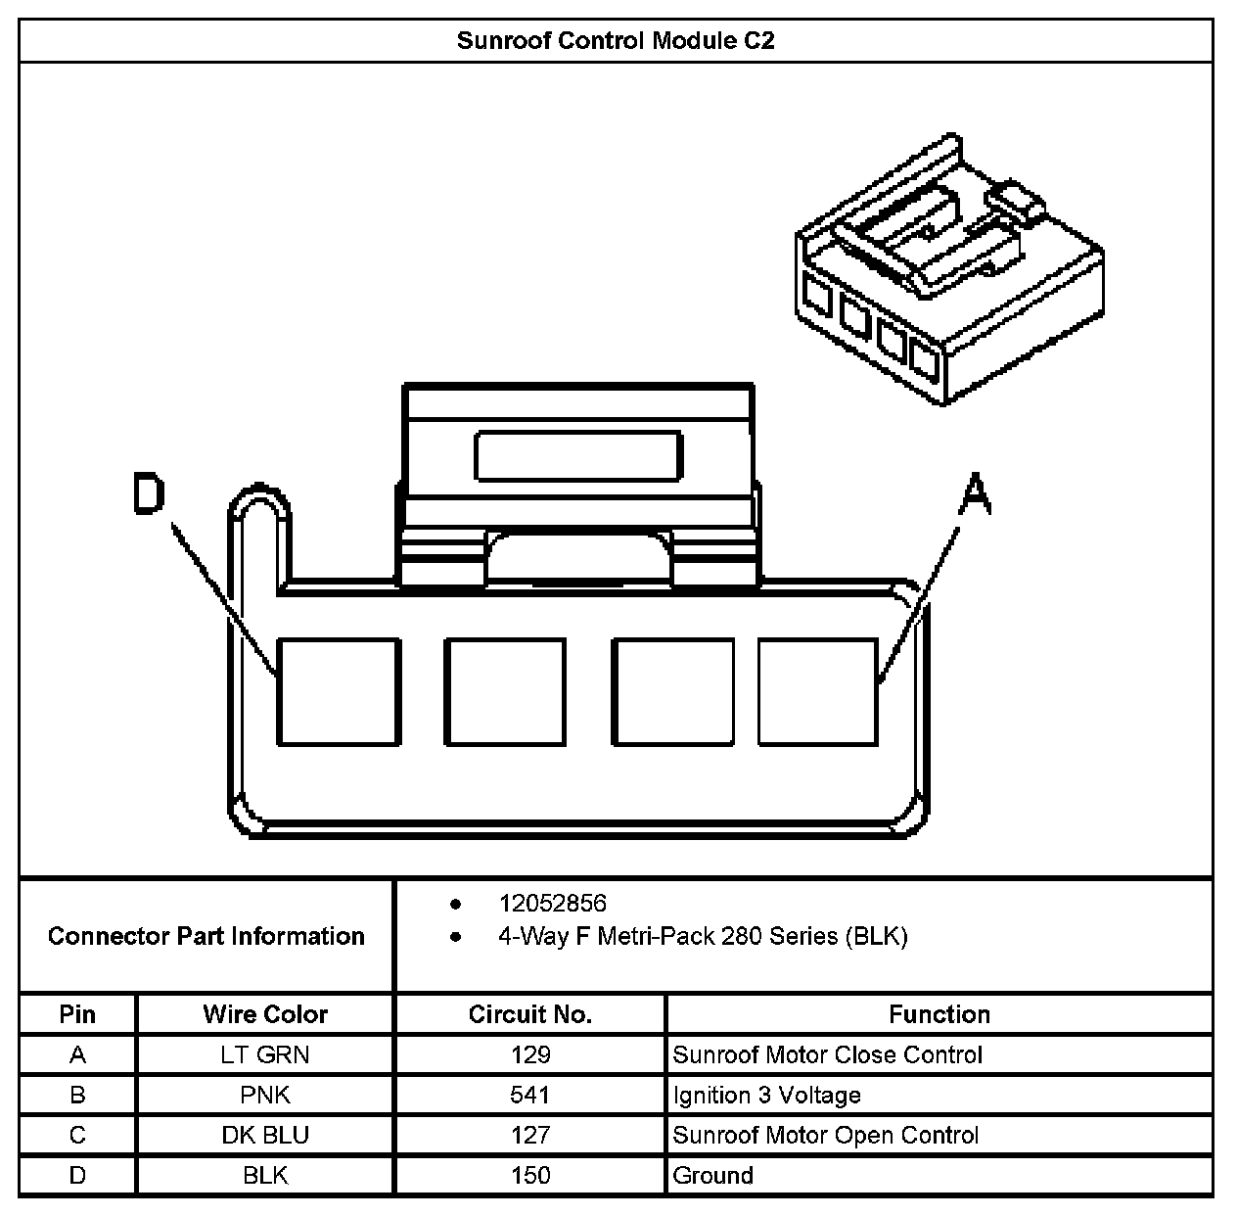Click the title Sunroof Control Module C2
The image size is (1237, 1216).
pyautogui.click(x=616, y=41)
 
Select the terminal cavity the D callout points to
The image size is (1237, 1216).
pyautogui.click(x=339, y=691)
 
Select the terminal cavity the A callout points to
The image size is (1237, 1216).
pyautogui.click(x=818, y=691)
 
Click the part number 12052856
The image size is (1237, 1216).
pyautogui.click(x=552, y=904)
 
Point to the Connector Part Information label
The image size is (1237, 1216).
pyautogui.click(x=206, y=936)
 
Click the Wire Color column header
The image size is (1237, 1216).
pyautogui.click(x=265, y=1014)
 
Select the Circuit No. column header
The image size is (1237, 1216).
pyautogui.click(x=530, y=1014)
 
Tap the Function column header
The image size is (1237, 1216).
pyautogui.click(x=939, y=1014)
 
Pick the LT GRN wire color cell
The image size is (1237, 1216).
pyautogui.click(x=265, y=1054)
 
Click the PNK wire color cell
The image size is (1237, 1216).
pyautogui.click(x=265, y=1095)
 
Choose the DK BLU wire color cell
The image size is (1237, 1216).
pyautogui.click(x=265, y=1135)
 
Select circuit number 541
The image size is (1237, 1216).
pyautogui.click(x=530, y=1095)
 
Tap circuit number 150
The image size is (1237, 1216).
pyautogui.click(x=530, y=1175)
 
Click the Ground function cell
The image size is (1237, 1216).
pyautogui.click(x=713, y=1175)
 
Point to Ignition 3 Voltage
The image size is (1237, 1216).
pyautogui.click(x=767, y=1095)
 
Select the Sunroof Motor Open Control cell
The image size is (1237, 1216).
pyautogui.click(x=826, y=1135)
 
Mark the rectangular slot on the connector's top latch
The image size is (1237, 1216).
pyautogui.click(x=577, y=455)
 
